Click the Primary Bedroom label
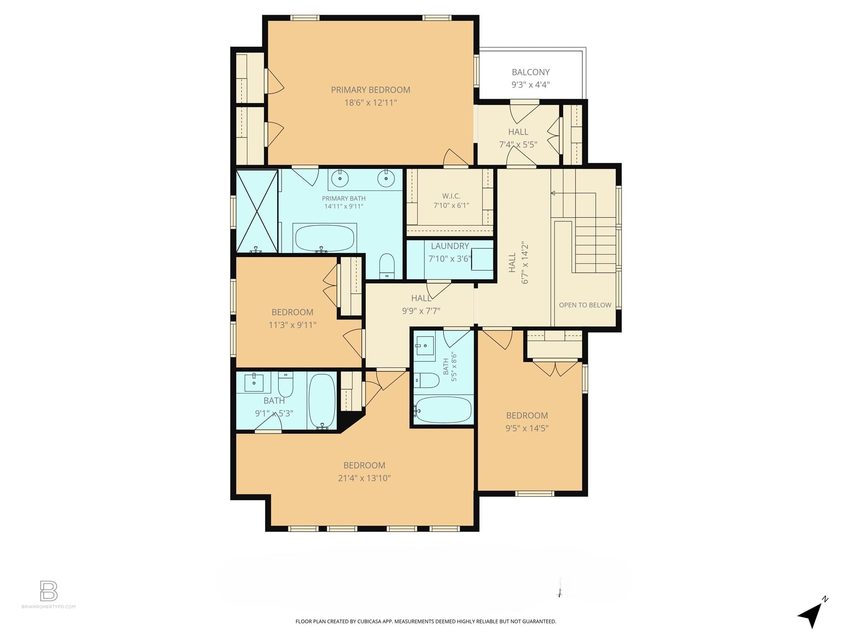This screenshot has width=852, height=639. click(x=370, y=90)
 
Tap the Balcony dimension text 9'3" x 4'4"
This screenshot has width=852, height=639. click(x=530, y=85)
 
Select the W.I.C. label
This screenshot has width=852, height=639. click(x=451, y=196)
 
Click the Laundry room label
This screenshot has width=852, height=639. click(x=450, y=246)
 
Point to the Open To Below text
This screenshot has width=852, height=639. click(x=585, y=305)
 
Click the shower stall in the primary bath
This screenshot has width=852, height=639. click(x=257, y=211)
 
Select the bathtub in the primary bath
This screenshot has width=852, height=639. click(x=324, y=238)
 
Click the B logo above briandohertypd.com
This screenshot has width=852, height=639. click(x=49, y=591)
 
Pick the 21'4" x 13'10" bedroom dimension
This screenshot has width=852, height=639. click(x=364, y=478)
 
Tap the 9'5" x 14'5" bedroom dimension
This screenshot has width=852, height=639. click(x=527, y=428)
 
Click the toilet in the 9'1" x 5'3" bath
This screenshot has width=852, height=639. click(x=285, y=384)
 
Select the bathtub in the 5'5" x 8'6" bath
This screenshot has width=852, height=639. click(x=443, y=410)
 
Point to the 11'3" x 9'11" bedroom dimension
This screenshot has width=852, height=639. click(x=292, y=325)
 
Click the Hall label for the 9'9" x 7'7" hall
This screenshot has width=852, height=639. click(x=421, y=298)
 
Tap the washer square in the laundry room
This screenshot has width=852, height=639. click(x=482, y=259)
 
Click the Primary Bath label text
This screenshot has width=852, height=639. click(x=344, y=198)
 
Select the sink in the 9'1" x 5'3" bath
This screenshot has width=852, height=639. click(x=254, y=382)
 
